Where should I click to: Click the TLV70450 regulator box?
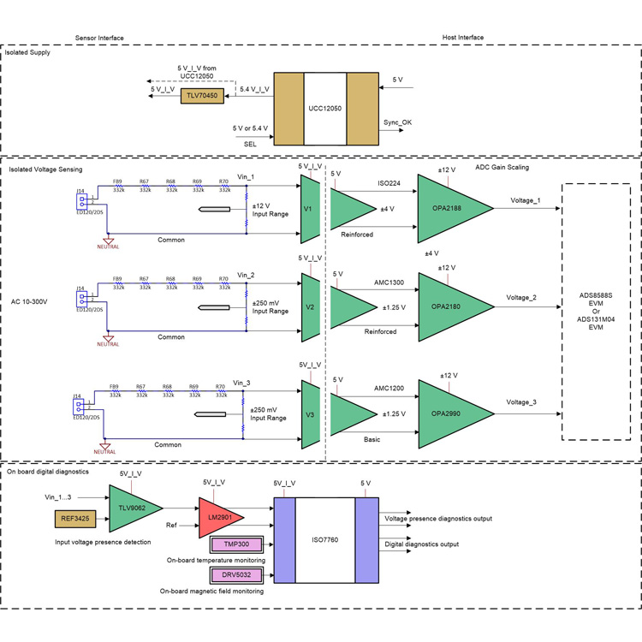tap(203, 97)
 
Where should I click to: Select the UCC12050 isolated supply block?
tap(325, 110)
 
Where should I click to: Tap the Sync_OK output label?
tap(404, 123)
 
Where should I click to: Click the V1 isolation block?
tap(309, 210)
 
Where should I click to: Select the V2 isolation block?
tap(309, 308)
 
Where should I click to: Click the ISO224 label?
tap(389, 182)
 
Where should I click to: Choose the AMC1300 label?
tap(389, 282)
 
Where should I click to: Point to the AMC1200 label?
tap(389, 387)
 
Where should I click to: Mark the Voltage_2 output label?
tap(521, 297)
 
